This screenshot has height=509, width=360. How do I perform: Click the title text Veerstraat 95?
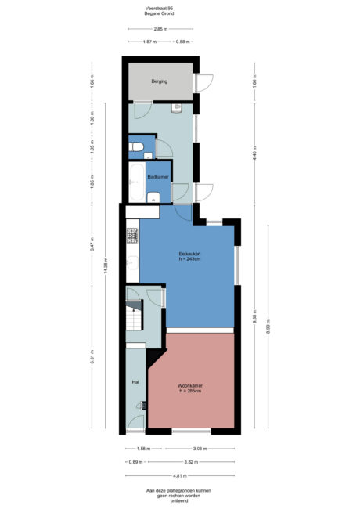(x=159, y=9)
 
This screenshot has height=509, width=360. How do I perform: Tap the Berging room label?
(x=160, y=81)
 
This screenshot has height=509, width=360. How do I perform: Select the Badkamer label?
(x=158, y=178)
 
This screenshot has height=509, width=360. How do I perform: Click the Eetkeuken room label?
(x=191, y=254)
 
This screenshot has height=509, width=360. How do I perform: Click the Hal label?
(x=135, y=383)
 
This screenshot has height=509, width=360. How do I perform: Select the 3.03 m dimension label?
(x=200, y=449)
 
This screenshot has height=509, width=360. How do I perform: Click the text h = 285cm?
(x=190, y=392)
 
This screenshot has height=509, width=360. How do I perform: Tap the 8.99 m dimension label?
(x=268, y=326)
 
